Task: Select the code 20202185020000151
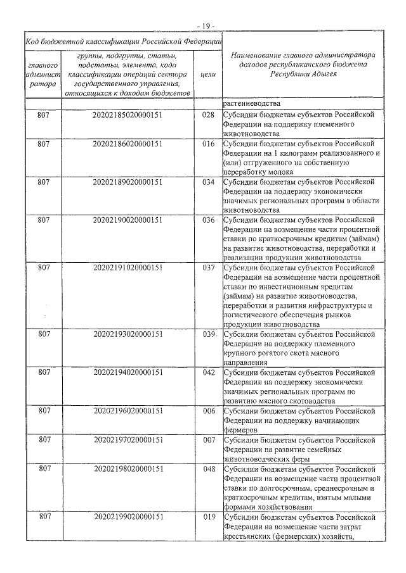[x=128, y=115]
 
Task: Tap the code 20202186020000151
[x=128, y=144]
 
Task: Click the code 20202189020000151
[x=128, y=182]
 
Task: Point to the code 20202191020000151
[x=128, y=268]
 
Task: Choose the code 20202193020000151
[x=128, y=334]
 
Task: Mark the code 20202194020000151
[x=128, y=372]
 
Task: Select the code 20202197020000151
[x=128, y=439]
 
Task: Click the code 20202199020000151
[x=128, y=517]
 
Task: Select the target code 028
[x=207, y=115]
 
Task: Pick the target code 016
[x=207, y=144]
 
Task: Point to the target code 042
[x=207, y=372]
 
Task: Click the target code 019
[x=207, y=517]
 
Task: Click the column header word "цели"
[x=207, y=74]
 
